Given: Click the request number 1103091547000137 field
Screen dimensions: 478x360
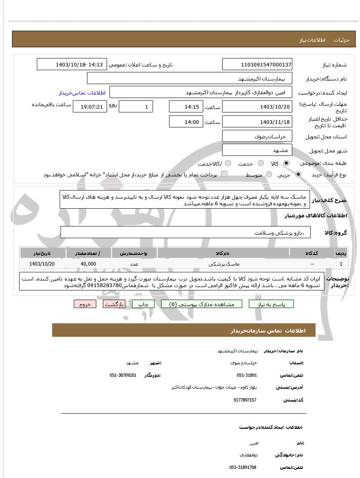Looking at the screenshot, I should (257, 64).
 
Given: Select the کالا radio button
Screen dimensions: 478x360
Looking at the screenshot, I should (287, 163).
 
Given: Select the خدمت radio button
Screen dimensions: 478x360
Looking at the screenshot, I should (261, 163).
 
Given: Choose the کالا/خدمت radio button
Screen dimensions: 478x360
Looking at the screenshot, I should (228, 163).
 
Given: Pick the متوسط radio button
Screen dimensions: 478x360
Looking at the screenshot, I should (269, 175).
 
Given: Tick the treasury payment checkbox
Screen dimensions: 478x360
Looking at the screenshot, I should (224, 174).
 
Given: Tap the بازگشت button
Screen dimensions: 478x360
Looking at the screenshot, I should (114, 304).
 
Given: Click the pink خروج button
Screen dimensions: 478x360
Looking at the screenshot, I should (85, 304).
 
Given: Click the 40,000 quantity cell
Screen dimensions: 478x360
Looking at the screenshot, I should (88, 264).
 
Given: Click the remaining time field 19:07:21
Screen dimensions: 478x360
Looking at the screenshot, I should (90, 107).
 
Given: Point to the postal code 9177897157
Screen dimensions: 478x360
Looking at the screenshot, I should (245, 400).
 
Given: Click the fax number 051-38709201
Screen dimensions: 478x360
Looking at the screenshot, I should (123, 375).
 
